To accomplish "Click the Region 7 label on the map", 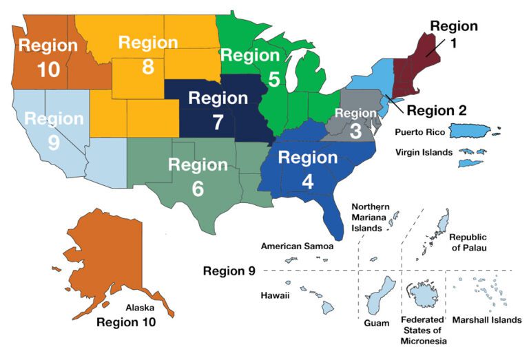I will [218, 109].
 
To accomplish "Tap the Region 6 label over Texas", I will [198, 176].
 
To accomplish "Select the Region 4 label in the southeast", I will [308, 169].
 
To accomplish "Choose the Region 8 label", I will [148, 54].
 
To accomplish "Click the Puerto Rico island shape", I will [475, 130].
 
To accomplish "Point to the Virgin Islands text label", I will [423, 152].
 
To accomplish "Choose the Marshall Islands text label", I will [486, 320].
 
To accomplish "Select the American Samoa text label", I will [297, 246].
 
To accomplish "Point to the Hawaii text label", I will [276, 295].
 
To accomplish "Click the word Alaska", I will [140, 308].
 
